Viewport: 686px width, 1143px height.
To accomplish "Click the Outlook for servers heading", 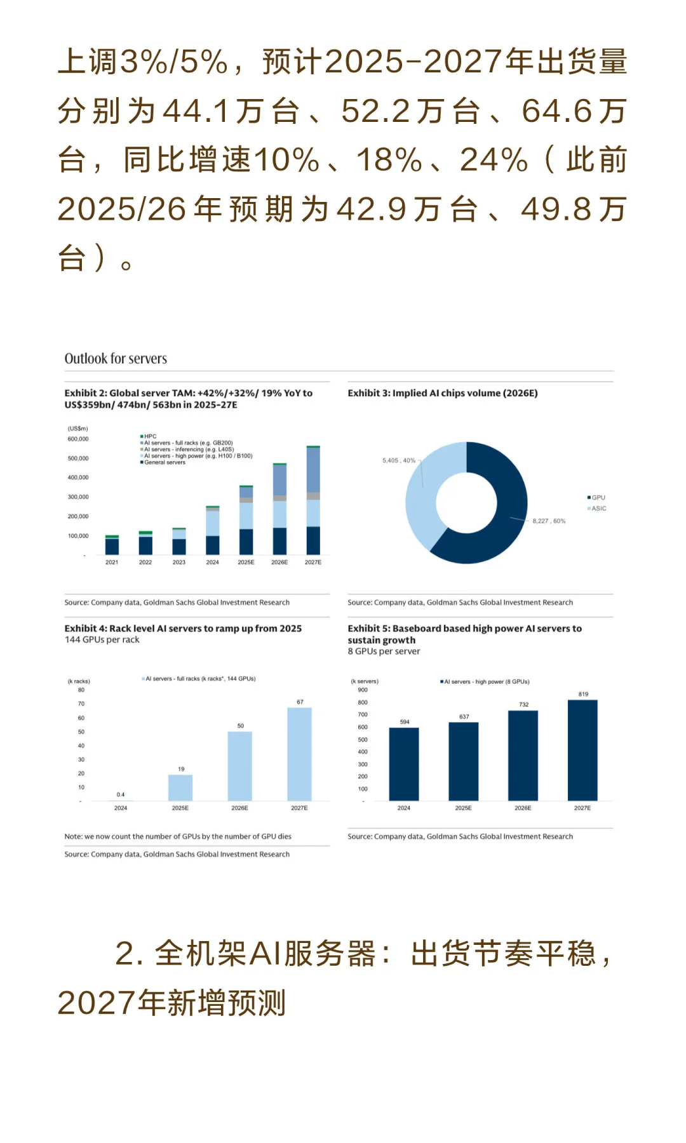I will [x=116, y=359].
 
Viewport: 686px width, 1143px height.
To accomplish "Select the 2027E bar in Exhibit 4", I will [x=299, y=754].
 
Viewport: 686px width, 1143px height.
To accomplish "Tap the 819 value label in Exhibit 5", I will [x=583, y=694].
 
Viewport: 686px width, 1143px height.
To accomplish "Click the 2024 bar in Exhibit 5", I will [x=404, y=764].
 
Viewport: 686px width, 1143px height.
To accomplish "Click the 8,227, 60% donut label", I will [x=549, y=521].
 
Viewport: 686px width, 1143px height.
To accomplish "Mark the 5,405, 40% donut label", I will [x=398, y=460].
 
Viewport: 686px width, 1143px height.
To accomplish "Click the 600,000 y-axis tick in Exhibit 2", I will [x=78, y=439].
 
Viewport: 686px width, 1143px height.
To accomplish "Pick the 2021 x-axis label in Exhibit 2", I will [x=112, y=563].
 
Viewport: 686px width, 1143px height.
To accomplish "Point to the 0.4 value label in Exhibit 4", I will [x=121, y=794].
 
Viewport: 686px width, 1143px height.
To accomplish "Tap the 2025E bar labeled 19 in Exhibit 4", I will [x=180, y=787].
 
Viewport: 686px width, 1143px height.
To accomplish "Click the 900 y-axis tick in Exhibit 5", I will [x=363, y=690].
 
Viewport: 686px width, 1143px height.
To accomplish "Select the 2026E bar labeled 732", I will [x=523, y=756].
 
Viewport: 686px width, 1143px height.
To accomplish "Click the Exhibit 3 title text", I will [x=443, y=393].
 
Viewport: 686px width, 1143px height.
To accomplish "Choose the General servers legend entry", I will [x=163, y=462].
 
